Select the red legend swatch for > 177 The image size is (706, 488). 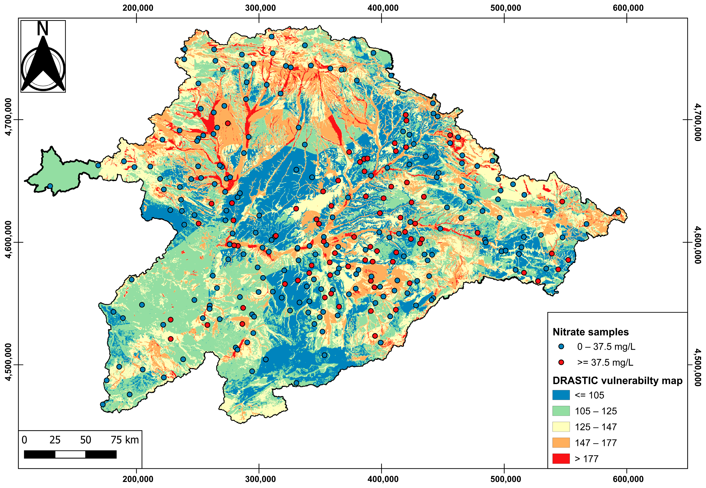[x=561, y=458]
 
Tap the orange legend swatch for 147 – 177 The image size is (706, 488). [x=561, y=442]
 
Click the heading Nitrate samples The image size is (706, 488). [x=590, y=332]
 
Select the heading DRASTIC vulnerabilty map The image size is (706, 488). [x=617, y=380]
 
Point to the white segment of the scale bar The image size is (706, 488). [x=70, y=454]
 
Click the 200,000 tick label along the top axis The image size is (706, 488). [x=138, y=8]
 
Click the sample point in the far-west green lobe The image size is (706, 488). [x=50, y=186]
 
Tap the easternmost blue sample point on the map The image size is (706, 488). [x=618, y=212]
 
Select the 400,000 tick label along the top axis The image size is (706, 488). [x=383, y=8]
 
